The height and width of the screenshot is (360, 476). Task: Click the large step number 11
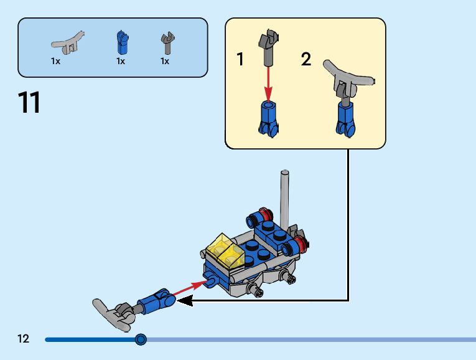pyautogui.click(x=30, y=102)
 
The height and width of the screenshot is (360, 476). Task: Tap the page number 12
pyautogui.click(x=24, y=339)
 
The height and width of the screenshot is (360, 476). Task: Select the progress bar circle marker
pyautogui.click(x=141, y=339)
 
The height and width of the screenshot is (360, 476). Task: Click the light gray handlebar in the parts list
pyautogui.click(x=67, y=42)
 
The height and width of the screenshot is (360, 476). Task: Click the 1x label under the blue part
pyautogui.click(x=121, y=62)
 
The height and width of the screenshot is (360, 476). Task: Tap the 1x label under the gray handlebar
pyautogui.click(x=56, y=62)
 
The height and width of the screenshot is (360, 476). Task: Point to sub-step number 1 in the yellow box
pyautogui.click(x=240, y=60)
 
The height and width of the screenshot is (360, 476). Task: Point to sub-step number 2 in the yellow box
pyautogui.click(x=306, y=60)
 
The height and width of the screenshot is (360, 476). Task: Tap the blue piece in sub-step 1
pyautogui.click(x=268, y=118)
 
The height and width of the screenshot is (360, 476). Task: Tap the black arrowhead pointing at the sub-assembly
pyautogui.click(x=185, y=301)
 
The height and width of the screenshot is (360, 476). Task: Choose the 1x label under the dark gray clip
pyautogui.click(x=165, y=62)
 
